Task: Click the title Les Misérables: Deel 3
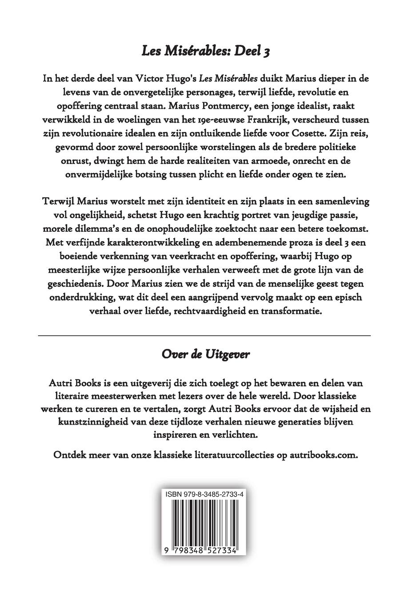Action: (206, 52)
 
